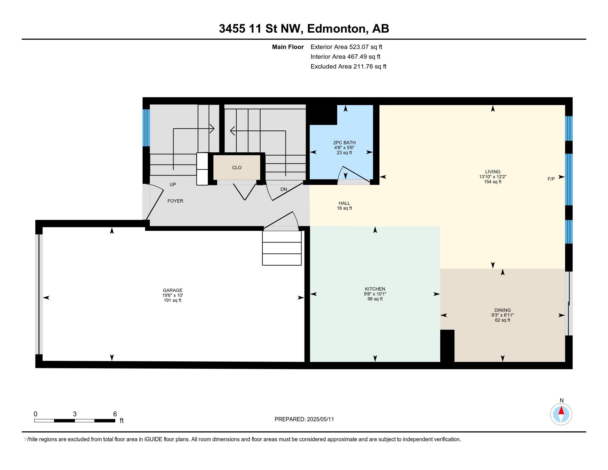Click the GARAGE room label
pyautogui.click(x=173, y=290)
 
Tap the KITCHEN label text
pyautogui.click(x=375, y=289)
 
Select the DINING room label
pyautogui.click(x=502, y=310)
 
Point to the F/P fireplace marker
pyautogui.click(x=551, y=179)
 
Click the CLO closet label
pyautogui.click(x=237, y=168)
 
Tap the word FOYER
pyautogui.click(x=175, y=201)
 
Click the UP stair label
pyautogui.click(x=173, y=184)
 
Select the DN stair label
pyautogui.click(x=283, y=189)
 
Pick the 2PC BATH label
pyautogui.click(x=344, y=143)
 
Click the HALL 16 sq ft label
pyautogui.click(x=344, y=206)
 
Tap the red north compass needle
pyautogui.click(x=561, y=411)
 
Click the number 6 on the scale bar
pyautogui.click(x=115, y=414)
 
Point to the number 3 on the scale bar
pyautogui.click(x=75, y=414)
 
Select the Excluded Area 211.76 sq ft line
pyautogui.click(x=348, y=67)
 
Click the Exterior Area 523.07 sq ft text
pyautogui.click(x=347, y=47)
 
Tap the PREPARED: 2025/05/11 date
pyautogui.click(x=304, y=419)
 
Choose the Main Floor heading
pyautogui.click(x=288, y=47)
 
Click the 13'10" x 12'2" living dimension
pyautogui.click(x=492, y=177)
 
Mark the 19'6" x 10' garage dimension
pyautogui.click(x=173, y=295)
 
